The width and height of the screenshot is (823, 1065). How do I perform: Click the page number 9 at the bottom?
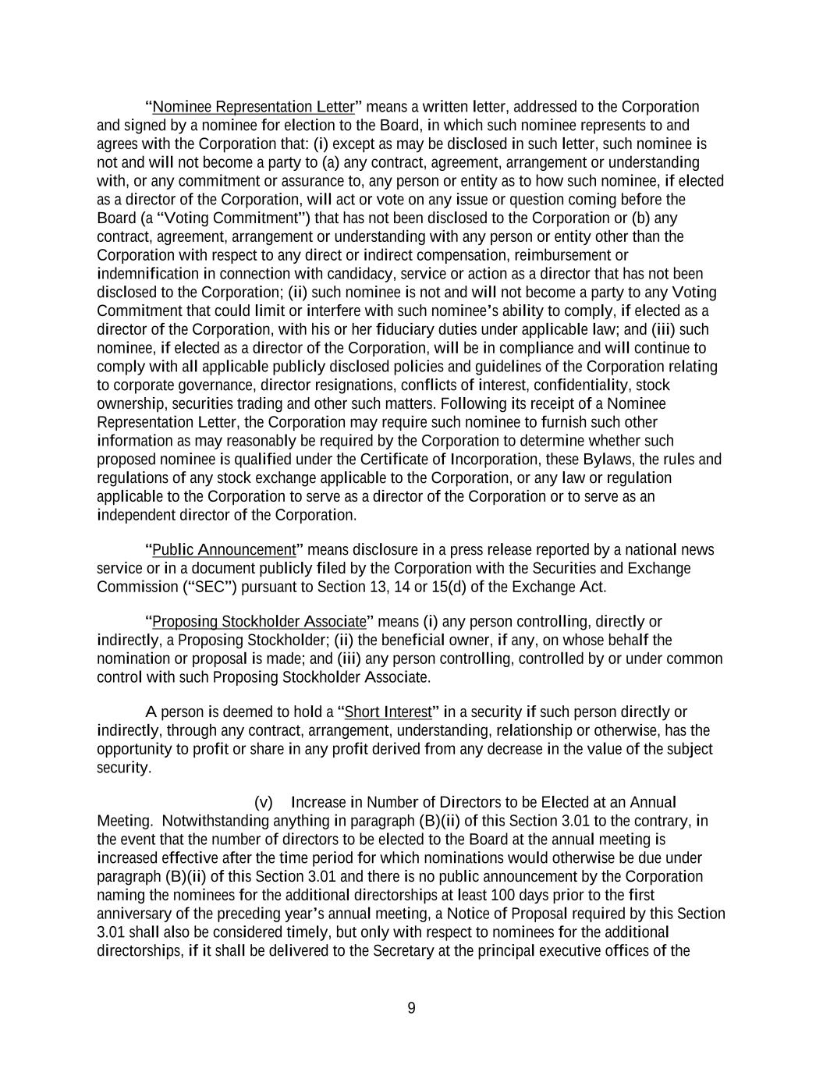coord(411,1008)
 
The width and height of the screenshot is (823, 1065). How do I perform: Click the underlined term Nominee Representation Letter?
coord(254,107)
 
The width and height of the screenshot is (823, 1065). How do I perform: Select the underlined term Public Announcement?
coord(224,549)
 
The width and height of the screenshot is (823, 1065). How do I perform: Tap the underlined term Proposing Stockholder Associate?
coord(259,622)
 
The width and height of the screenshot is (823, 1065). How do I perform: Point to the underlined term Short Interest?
coord(388,712)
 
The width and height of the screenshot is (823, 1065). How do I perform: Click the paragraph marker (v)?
coord(264,803)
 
